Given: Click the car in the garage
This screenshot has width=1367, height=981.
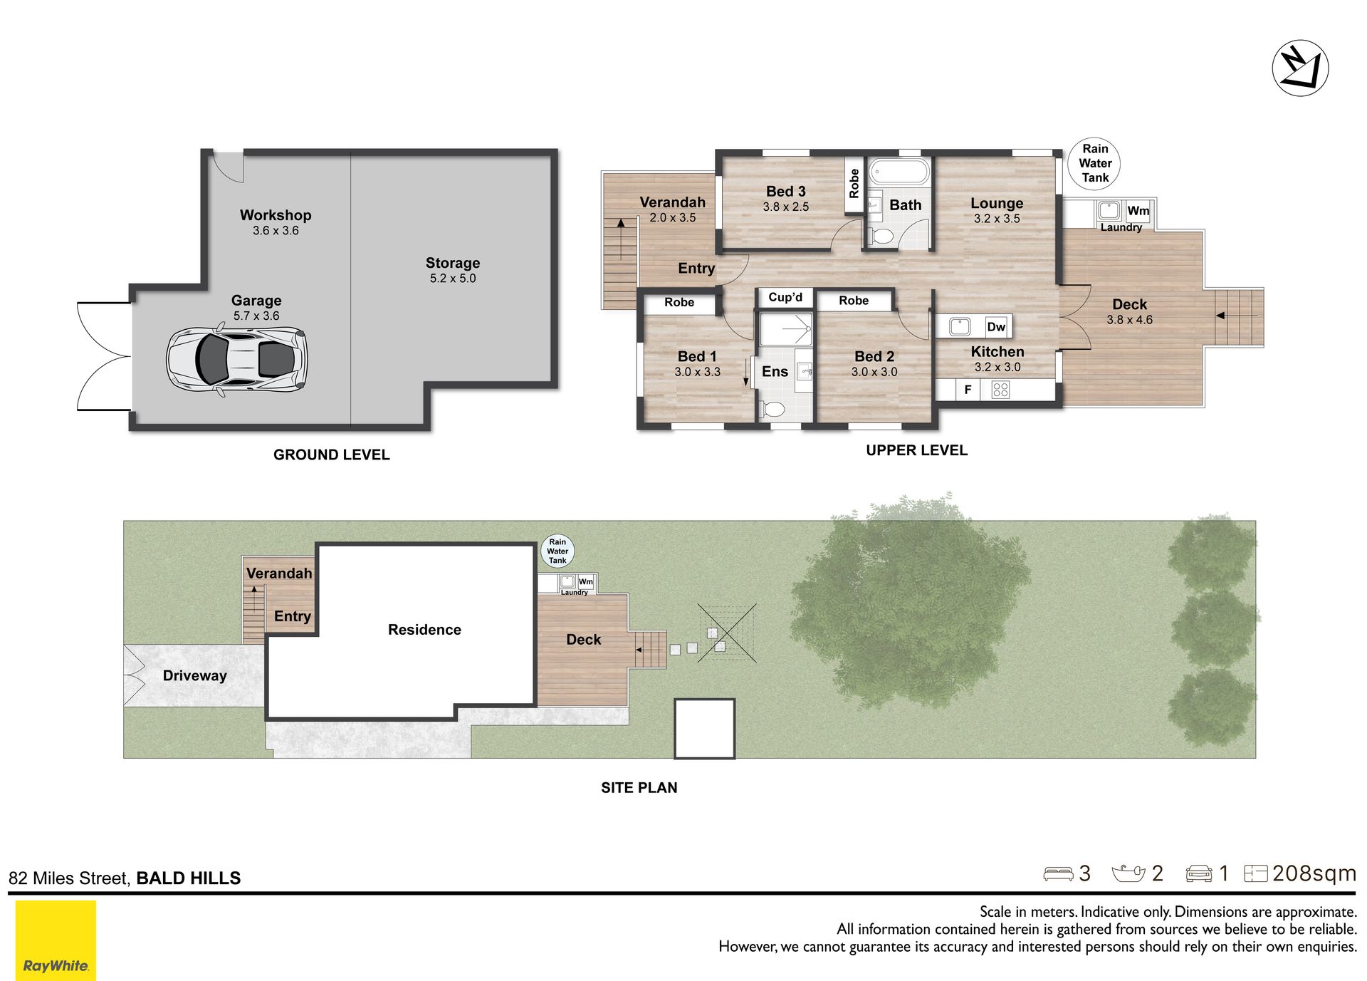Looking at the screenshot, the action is [236, 359].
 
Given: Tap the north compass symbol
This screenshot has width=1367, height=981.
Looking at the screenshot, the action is [1300, 68].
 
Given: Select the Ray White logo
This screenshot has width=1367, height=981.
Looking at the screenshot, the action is [56, 940].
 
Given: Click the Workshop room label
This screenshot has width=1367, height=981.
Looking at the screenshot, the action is [276, 215].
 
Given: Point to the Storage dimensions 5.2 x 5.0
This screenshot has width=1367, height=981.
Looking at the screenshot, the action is [453, 279].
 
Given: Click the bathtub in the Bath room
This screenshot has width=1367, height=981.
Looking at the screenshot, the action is [899, 172].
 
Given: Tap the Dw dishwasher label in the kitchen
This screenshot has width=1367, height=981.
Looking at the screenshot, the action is [996, 327].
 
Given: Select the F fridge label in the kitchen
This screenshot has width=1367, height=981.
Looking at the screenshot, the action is [968, 390].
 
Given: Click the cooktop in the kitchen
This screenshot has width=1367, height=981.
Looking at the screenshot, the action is [1000, 390].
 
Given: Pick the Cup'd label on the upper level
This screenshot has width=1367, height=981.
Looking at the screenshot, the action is [785, 297].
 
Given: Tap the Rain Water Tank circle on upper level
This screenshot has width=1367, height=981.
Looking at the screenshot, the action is [1094, 164].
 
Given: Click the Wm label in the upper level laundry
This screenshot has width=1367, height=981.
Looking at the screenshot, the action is [1138, 211].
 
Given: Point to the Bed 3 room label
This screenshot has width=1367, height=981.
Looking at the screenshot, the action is [786, 191].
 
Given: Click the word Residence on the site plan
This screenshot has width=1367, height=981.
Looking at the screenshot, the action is [424, 630].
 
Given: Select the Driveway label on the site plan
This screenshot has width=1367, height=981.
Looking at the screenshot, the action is [194, 675].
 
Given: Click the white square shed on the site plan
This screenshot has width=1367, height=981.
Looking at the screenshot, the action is [704, 728].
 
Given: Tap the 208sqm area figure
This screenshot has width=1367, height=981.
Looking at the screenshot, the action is [1314, 873].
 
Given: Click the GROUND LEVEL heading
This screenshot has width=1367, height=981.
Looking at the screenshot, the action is [332, 455].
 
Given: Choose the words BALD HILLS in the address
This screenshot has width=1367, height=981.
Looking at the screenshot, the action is [189, 878].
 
